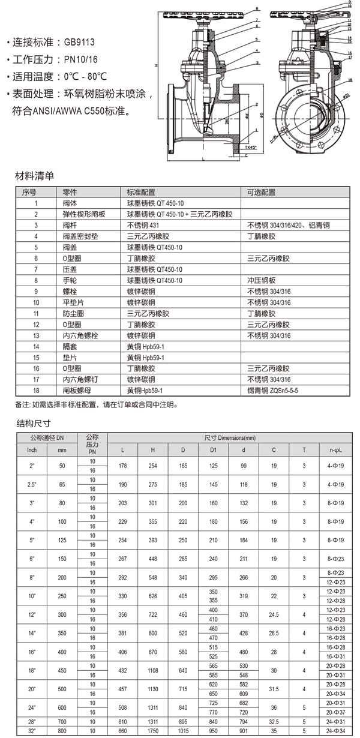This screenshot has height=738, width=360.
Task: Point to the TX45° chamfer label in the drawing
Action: [251, 146]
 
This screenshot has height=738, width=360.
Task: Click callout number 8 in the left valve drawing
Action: [257, 9]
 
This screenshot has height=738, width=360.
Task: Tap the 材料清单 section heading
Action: [34, 176]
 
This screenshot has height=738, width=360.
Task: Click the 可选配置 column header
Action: [262, 193]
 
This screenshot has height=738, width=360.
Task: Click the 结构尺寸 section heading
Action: [34, 424]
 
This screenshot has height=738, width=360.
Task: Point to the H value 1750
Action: [153, 732]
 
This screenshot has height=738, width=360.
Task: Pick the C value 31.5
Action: [274, 689]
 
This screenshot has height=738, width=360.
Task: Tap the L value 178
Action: [123, 466]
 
